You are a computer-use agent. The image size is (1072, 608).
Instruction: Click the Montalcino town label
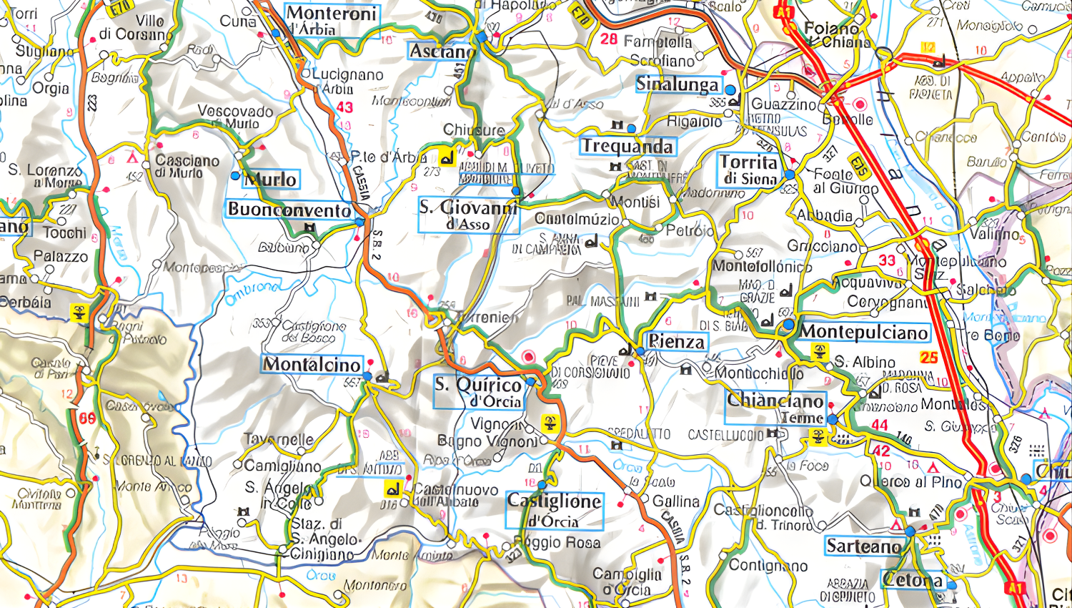point(312,365)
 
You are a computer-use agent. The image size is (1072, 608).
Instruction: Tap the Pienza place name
point(676,342)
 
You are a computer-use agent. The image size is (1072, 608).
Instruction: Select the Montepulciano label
point(863,332)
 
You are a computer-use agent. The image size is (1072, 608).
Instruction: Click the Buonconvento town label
point(289,210)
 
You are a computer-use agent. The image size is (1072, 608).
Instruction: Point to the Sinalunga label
point(677,84)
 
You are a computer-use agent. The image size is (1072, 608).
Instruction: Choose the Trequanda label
point(627,147)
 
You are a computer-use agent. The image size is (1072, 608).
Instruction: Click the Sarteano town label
point(863,546)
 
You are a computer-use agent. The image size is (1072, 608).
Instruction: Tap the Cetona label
point(913,580)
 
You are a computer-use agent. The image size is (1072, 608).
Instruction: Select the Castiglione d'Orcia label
point(554,510)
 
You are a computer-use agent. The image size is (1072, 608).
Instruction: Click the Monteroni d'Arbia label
point(332,21)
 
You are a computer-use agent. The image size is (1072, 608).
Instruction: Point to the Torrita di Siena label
point(748,170)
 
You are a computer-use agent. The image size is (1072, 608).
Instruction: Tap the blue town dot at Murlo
point(235,175)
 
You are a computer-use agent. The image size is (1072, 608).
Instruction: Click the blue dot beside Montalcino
point(367,376)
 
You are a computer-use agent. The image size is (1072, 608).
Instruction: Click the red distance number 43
point(344,107)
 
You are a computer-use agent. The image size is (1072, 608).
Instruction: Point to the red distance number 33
point(887,260)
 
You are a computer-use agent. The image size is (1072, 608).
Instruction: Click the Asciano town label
point(441,52)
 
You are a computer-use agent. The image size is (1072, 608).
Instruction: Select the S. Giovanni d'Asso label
point(468,215)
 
